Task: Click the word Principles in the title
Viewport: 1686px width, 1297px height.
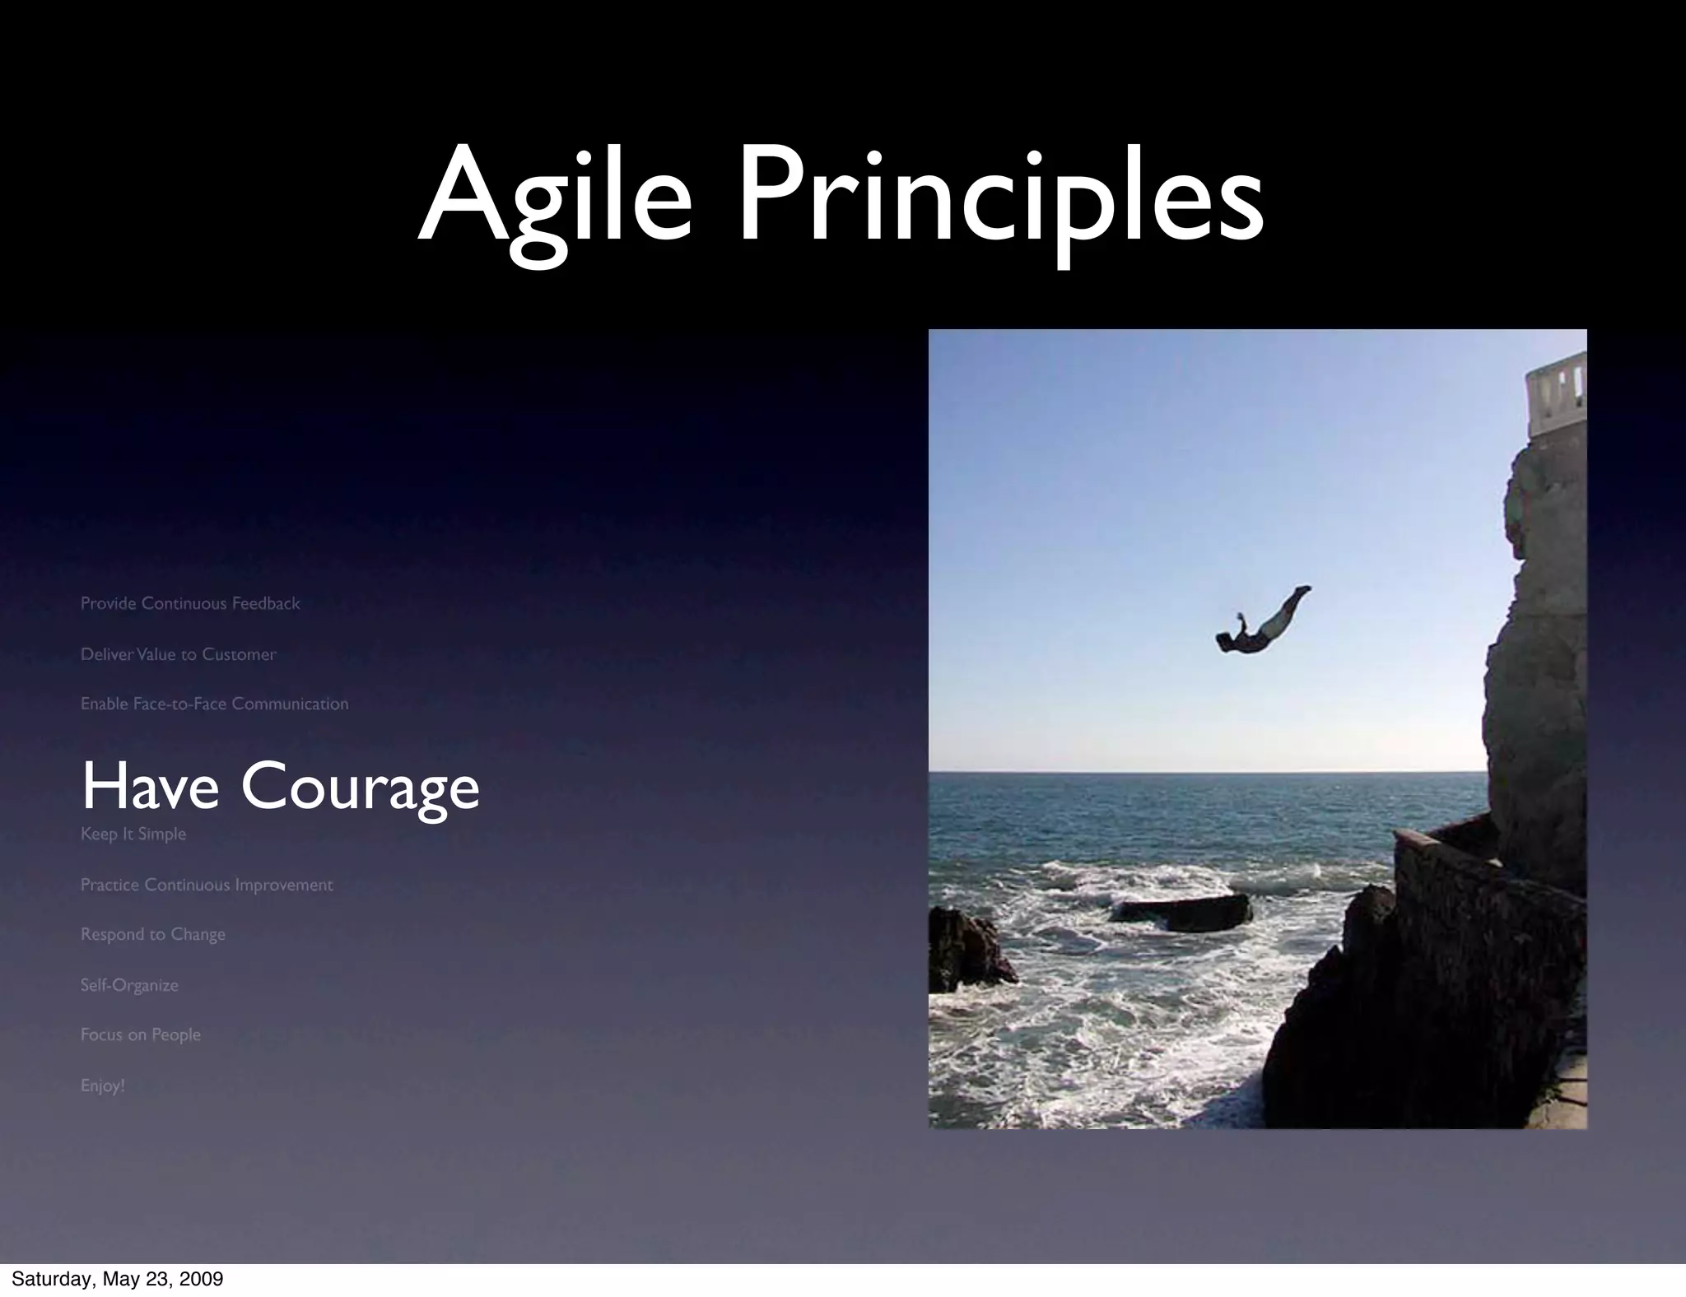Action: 1000,202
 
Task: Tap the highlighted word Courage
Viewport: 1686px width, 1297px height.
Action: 360,788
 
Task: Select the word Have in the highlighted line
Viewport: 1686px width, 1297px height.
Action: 150,787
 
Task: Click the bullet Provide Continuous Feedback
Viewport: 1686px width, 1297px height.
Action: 190,603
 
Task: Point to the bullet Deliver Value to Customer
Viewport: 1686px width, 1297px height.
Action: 178,654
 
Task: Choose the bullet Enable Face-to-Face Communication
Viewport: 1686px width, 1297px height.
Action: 214,704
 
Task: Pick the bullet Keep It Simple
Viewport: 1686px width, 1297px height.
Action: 133,834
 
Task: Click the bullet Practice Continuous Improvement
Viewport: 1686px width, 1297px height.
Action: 207,885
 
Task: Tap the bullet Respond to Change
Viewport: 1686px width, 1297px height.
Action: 152,934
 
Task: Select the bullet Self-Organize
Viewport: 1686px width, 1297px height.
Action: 129,985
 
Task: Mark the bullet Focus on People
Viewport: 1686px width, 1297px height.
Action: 140,1034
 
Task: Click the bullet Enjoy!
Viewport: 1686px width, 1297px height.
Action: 102,1085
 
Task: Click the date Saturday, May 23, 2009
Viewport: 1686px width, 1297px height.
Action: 117,1279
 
